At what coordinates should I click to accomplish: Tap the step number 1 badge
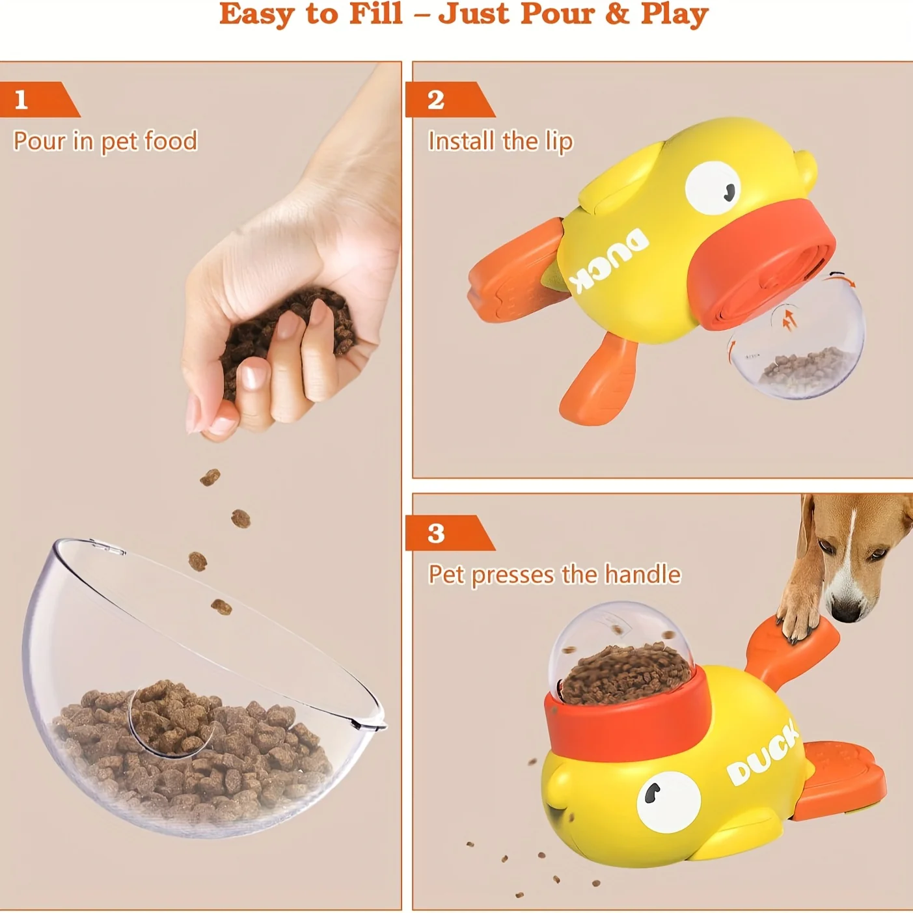pyautogui.click(x=21, y=100)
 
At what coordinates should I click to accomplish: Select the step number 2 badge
pyautogui.click(x=436, y=100)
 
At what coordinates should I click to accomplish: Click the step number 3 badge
pyautogui.click(x=436, y=533)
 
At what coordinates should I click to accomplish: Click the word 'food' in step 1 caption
pyautogui.click(x=170, y=141)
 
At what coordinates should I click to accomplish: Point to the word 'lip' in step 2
pyautogui.click(x=558, y=141)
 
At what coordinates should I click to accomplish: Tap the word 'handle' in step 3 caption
pyautogui.click(x=642, y=575)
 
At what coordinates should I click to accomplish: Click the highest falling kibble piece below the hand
pyautogui.click(x=210, y=478)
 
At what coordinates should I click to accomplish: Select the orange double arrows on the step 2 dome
pyautogui.click(x=789, y=319)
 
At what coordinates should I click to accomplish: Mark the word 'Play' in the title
pyautogui.click(x=674, y=14)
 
